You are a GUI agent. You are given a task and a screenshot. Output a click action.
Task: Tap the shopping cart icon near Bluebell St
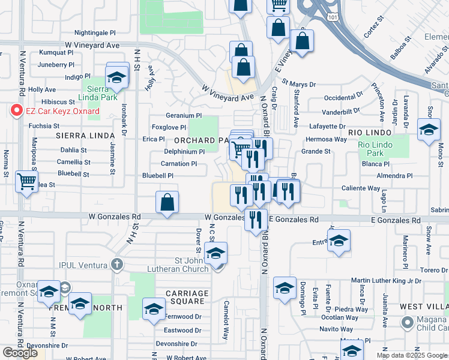point(26,181)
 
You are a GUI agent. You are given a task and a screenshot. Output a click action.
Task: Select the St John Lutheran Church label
point(184,264)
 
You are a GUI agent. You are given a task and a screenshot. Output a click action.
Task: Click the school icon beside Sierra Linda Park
point(117,77)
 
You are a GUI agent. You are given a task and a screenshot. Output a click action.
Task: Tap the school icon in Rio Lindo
point(429,130)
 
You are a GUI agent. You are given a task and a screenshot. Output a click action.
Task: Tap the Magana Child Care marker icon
point(407,322)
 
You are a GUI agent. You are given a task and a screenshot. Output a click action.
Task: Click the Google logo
point(20,353)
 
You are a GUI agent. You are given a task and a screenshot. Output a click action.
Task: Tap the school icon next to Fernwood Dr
point(154,310)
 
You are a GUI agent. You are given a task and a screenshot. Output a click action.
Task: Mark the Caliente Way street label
point(361,188)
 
